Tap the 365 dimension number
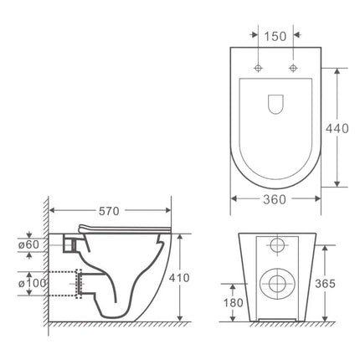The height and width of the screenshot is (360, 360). [325, 284]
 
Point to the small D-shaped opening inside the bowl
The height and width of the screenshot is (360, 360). [275, 103]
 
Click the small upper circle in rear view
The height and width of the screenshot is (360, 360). [277, 246]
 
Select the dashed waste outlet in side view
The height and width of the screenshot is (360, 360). [80, 285]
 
